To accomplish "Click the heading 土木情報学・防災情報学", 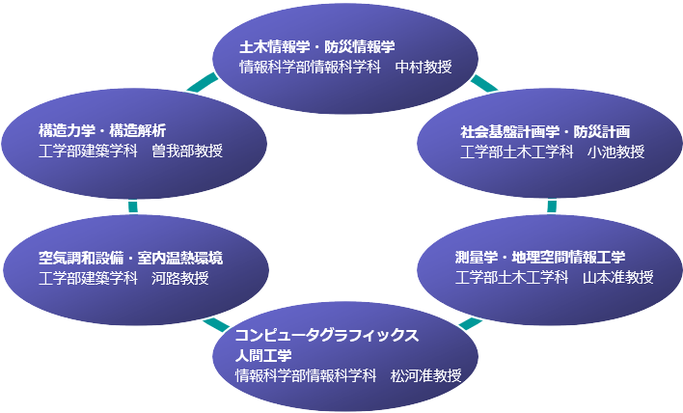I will pyautogui.click(x=317, y=46).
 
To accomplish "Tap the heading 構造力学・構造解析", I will pyautogui.click(x=102, y=129).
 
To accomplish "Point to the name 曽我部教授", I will pyautogui.click(x=187, y=151).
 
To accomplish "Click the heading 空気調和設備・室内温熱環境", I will pyautogui.click(x=130, y=257).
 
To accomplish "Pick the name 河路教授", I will pyautogui.click(x=179, y=278).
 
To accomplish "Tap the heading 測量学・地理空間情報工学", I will pyautogui.click(x=540, y=257).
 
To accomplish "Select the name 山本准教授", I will pyautogui.click(x=617, y=278).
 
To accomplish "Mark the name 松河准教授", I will pyautogui.click(x=425, y=376).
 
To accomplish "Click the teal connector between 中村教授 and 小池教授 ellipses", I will pyautogui.click(x=484, y=84).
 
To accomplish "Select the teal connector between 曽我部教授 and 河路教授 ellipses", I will pyautogui.click(x=132, y=206).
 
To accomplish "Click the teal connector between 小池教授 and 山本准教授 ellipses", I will pyautogui.click(x=552, y=206).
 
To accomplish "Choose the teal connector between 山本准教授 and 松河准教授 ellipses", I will pyautogui.click(x=470, y=321).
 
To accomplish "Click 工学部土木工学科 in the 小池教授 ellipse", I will pyautogui.click(x=516, y=151).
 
